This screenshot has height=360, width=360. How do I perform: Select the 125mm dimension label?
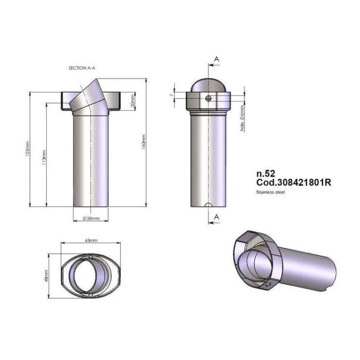point(29,150)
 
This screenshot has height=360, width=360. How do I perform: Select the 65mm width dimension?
point(91,240)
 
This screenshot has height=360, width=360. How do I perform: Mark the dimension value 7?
point(171,95)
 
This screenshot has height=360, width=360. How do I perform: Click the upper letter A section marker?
point(217,60)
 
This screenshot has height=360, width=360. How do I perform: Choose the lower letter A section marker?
point(217,217)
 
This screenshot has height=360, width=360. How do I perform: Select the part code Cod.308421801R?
point(292,183)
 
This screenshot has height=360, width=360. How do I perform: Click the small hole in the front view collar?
point(208,98)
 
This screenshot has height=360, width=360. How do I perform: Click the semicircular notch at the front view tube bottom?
point(208,206)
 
